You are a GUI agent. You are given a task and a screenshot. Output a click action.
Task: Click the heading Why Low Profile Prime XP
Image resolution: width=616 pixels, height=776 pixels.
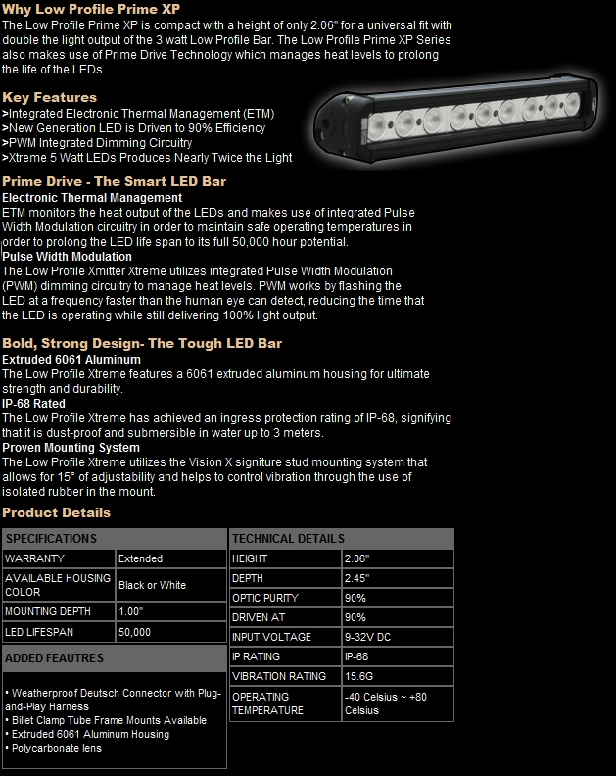91,9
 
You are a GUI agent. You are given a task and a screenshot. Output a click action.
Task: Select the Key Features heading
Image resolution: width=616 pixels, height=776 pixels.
50,97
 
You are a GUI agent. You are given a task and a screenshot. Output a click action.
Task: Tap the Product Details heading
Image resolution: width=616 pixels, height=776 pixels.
57,512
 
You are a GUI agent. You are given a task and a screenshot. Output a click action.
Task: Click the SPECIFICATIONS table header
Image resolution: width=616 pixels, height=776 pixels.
51,538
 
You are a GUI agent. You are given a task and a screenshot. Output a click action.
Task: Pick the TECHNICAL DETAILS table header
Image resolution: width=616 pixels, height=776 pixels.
288,538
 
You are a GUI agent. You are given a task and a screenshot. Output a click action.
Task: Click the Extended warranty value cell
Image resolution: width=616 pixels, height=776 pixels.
140,558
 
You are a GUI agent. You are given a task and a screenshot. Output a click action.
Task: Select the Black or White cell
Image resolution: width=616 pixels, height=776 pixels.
152,585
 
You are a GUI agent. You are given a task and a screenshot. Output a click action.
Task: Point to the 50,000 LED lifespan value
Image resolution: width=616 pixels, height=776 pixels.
134,632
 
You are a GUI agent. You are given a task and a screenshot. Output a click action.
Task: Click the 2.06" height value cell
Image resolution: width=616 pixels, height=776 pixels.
356,558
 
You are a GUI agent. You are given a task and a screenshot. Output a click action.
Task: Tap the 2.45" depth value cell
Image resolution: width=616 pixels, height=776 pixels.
356,578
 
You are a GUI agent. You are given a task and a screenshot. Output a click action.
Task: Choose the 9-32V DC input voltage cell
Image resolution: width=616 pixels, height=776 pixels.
368,637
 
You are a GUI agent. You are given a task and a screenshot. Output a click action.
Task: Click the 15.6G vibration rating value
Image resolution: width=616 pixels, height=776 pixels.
358,676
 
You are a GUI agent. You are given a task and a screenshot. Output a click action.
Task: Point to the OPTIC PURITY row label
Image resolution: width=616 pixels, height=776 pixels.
265,598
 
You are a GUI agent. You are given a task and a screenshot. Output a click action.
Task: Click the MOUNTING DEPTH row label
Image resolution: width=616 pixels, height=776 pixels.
48,612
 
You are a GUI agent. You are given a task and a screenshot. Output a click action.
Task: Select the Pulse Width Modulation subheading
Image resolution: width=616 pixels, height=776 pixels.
67,257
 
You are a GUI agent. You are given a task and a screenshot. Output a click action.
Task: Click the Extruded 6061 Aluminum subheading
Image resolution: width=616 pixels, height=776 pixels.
71,360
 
